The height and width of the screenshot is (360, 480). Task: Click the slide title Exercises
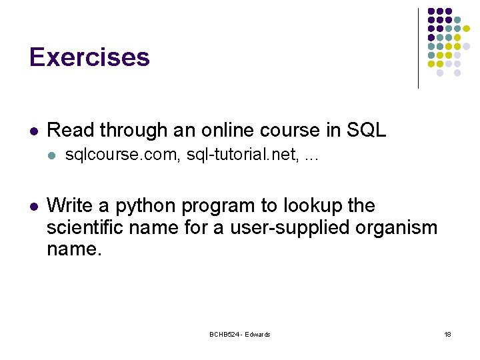click(x=89, y=57)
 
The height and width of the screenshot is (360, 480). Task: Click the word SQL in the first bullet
click(x=366, y=130)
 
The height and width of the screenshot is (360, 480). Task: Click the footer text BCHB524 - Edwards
click(x=240, y=334)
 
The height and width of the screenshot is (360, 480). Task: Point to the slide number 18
click(x=447, y=334)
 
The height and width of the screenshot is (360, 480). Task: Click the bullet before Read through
click(x=34, y=131)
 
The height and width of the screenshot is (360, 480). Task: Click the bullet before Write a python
click(x=34, y=206)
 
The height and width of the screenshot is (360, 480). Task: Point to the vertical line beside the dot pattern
click(x=418, y=48)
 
